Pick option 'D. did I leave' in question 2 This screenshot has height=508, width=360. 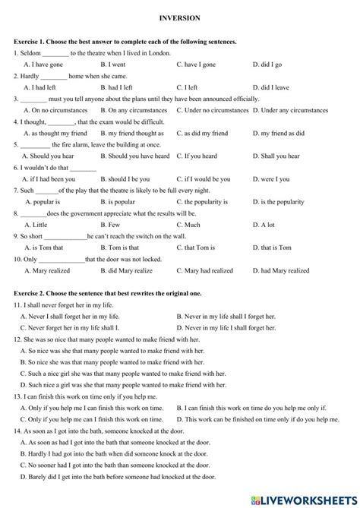click(x=270, y=87)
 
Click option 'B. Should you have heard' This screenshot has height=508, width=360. click(x=135, y=156)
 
